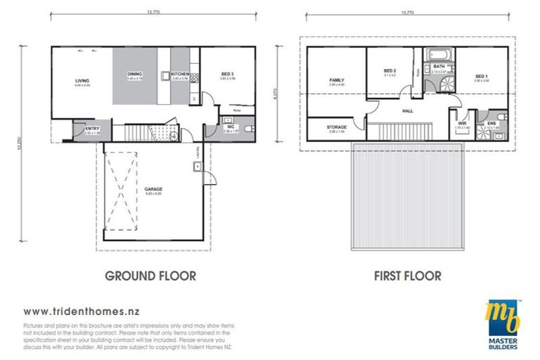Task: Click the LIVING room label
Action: point(82,82)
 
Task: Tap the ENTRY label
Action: point(91,129)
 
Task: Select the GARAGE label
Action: point(154,189)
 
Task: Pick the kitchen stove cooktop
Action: point(164,75)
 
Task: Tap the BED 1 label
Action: point(481,76)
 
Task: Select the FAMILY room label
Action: point(336,81)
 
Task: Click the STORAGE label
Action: point(336,127)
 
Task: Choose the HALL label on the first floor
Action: point(407,111)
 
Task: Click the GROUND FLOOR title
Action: point(150,276)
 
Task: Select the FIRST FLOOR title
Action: point(407,276)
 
